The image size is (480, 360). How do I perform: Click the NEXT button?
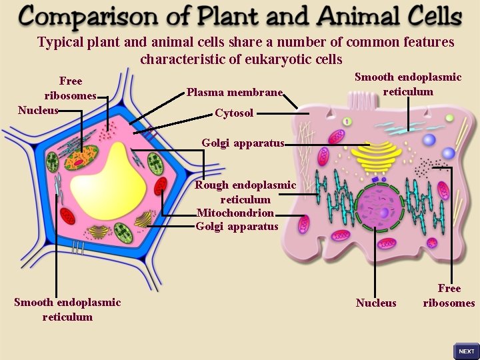[x=467, y=351]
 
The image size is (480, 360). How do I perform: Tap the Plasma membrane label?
[x=235, y=93]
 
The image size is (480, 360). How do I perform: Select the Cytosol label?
[x=234, y=113]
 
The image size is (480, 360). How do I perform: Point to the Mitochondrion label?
[x=235, y=213]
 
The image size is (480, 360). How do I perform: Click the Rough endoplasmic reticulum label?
[x=245, y=192]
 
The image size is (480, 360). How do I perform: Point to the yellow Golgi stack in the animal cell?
[x=377, y=155]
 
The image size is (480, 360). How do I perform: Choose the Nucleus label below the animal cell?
[x=376, y=303]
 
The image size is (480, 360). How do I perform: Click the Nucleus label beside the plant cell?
[x=38, y=111]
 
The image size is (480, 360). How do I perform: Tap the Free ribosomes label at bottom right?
[x=449, y=296]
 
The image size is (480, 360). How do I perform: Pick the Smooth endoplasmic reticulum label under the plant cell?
[x=67, y=310]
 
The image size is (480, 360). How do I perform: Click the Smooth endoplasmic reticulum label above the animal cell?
[x=408, y=85]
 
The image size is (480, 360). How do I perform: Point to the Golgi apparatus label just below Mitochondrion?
[x=237, y=227]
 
